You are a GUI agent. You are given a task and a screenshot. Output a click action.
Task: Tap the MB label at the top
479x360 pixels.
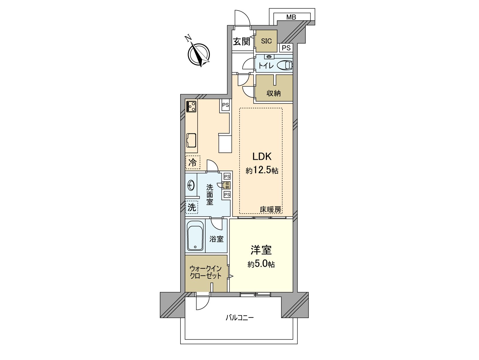(x=291, y=17)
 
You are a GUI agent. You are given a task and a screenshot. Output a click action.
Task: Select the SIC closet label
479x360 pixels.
(x=266, y=41)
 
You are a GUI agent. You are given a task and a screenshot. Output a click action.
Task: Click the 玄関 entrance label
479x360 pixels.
(x=241, y=42)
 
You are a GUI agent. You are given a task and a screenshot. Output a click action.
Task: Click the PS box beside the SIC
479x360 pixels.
(x=286, y=48)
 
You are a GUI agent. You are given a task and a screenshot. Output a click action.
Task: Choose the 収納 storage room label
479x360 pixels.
(x=273, y=93)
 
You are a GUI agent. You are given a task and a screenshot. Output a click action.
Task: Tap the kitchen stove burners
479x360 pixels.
(x=191, y=106)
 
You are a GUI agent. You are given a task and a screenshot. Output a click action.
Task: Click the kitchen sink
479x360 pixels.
(x=191, y=140)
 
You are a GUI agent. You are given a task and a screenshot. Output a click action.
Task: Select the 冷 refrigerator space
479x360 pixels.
(x=192, y=163)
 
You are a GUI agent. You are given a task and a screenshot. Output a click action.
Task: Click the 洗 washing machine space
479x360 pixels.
(x=192, y=207)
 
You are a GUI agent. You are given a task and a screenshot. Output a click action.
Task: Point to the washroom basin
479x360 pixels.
(x=191, y=186)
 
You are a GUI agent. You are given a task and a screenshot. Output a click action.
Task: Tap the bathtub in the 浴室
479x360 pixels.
(x=195, y=236)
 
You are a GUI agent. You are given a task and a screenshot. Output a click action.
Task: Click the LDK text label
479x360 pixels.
(x=262, y=156)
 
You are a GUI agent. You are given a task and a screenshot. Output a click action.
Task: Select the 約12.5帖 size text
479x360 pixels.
(x=262, y=170)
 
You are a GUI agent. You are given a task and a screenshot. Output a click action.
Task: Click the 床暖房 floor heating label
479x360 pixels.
(x=270, y=210)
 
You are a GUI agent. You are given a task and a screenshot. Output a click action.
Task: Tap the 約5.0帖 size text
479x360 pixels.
(x=261, y=264)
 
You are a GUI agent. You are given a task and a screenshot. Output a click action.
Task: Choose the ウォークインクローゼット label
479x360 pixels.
(x=205, y=272)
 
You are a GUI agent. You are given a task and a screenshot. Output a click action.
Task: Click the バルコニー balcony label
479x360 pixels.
(x=239, y=317)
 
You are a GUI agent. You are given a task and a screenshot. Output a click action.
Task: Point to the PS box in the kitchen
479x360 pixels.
(x=225, y=105)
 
